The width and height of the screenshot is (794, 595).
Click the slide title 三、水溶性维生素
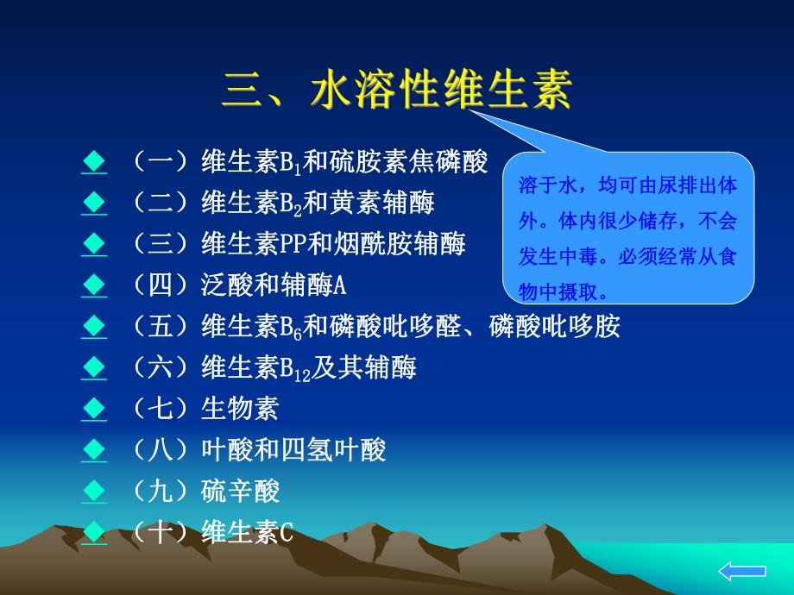397,90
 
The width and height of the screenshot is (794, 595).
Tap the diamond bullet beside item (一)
93,161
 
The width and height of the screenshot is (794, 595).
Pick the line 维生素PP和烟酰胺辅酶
298,244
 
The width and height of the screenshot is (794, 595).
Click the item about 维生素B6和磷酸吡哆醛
375,327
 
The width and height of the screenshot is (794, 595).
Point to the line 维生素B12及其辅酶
274,368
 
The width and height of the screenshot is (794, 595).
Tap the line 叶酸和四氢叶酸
258,450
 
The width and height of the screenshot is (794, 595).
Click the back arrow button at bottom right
741,570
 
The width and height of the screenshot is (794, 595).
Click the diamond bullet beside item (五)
93,327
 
